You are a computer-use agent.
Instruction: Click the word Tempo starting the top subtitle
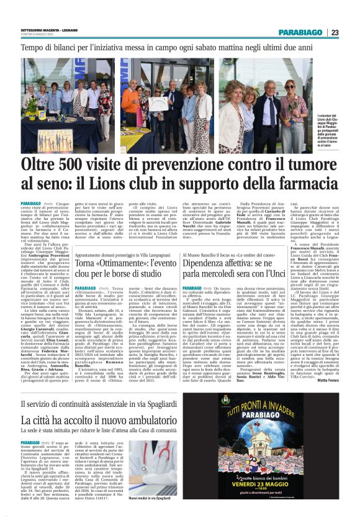[x=33, y=47]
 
